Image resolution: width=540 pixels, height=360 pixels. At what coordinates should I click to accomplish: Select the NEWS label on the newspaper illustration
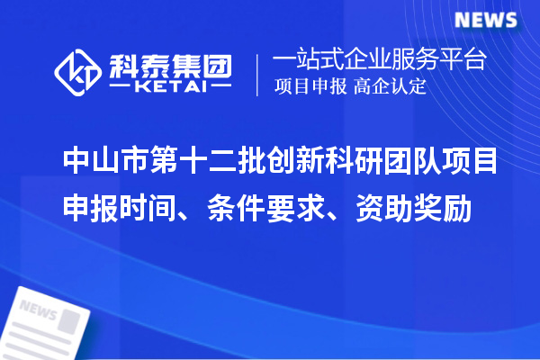coord(38,309)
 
